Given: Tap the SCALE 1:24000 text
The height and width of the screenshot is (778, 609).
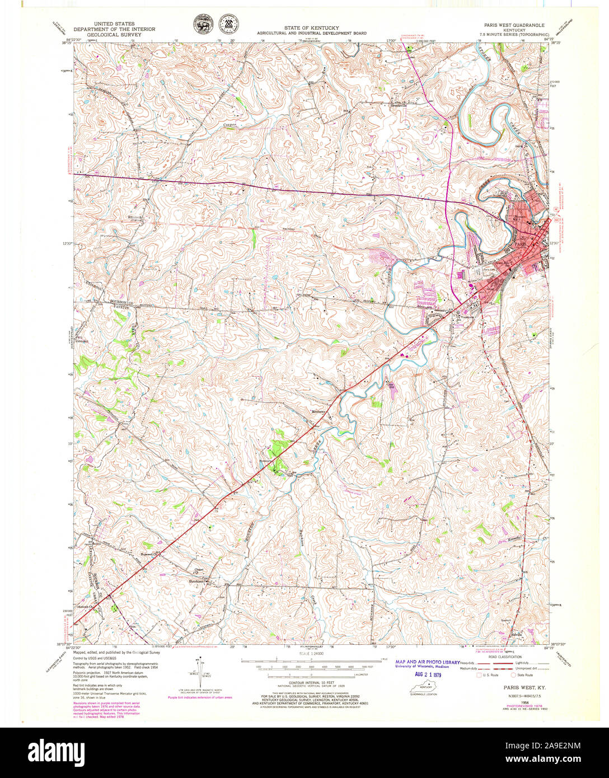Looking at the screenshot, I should [312, 653].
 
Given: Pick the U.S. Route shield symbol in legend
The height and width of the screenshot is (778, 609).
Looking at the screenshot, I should [479, 675].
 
